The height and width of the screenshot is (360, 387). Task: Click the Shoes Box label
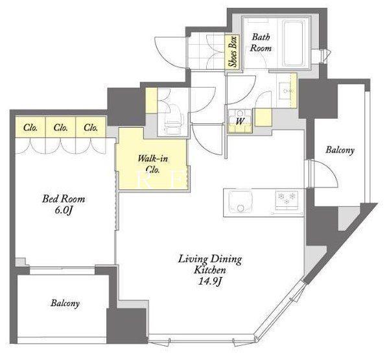tap(233, 52)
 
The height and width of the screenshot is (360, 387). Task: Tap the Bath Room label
tap(261, 42)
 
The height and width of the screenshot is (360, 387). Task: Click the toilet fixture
tap(173, 120)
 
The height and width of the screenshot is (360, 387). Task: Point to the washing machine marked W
tap(240, 121)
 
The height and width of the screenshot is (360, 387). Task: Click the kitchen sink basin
tap(240, 201)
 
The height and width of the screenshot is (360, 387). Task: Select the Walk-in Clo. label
tap(153, 163)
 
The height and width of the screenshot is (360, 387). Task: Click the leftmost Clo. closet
tap(30, 127)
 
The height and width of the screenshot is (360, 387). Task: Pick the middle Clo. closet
tap(61, 127)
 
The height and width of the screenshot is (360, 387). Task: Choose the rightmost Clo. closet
tap(91, 127)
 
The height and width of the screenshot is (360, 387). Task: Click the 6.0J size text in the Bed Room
tap(64, 210)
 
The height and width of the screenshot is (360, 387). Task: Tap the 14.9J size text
tap(210, 281)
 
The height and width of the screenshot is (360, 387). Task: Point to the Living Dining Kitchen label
tap(210, 265)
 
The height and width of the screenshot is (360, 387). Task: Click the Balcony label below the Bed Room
tap(65, 304)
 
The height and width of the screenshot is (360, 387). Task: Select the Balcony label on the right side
tap(340, 150)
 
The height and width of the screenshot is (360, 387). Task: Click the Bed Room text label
tap(64, 198)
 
